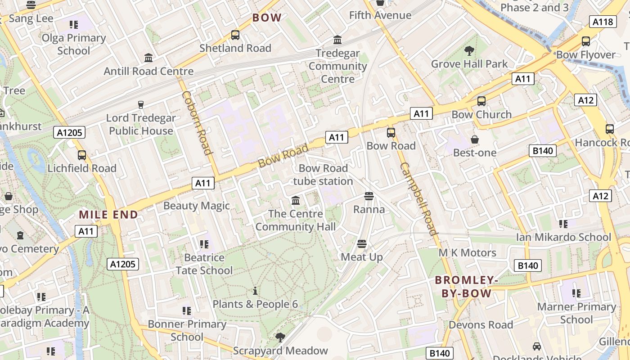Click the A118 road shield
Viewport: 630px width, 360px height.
603,22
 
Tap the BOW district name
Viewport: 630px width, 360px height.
267,18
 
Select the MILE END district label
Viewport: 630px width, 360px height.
108,215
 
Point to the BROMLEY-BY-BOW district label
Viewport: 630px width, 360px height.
466,287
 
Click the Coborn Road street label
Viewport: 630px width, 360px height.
197,123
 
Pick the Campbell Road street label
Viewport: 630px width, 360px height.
418,199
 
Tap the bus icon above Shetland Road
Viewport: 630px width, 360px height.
235,35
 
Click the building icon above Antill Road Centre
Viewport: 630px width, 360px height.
148,58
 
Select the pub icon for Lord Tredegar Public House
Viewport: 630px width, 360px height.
141,105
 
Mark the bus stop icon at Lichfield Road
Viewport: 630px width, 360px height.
82,155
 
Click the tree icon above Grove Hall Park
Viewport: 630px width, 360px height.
469,51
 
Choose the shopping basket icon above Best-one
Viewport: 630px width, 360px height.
474,139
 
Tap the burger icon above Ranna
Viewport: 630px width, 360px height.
369,196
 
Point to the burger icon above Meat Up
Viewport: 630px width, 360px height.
362,244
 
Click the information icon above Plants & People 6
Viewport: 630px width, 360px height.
255,291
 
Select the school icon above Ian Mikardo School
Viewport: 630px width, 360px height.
563,224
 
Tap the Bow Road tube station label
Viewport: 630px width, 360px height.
323,175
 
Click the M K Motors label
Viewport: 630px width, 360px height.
468,252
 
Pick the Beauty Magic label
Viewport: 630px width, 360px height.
197,206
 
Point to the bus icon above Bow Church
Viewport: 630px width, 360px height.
481,101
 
